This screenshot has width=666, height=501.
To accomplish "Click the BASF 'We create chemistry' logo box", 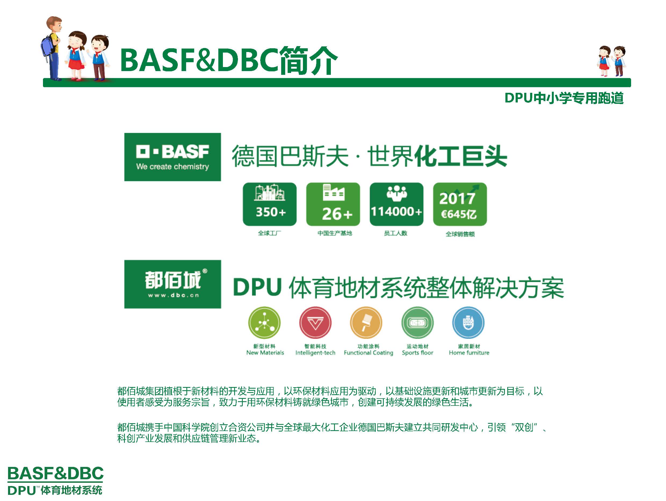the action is [172, 157].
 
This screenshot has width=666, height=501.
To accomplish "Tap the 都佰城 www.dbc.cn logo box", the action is [172, 284].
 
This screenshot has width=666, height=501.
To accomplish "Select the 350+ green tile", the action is [270, 204].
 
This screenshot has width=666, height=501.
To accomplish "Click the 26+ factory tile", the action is [333, 204].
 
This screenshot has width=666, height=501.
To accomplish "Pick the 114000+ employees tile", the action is [397, 204].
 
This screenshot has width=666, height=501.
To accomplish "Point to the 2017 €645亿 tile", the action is [460, 204].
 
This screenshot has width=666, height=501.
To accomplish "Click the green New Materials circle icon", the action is [264, 323].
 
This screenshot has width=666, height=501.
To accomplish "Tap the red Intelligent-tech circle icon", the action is [315, 323].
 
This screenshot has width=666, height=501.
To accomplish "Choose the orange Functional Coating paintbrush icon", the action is [366, 323].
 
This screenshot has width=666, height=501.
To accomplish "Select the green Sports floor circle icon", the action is [418, 323].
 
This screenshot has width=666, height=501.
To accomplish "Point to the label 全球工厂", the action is [269, 233].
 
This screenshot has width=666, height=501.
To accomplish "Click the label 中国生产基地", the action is [335, 233].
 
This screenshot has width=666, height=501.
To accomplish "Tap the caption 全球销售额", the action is [460, 234].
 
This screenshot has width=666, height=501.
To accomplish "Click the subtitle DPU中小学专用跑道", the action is [564, 98].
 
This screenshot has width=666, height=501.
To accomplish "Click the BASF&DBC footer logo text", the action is [55, 474].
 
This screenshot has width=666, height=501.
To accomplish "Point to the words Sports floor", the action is [418, 353].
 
